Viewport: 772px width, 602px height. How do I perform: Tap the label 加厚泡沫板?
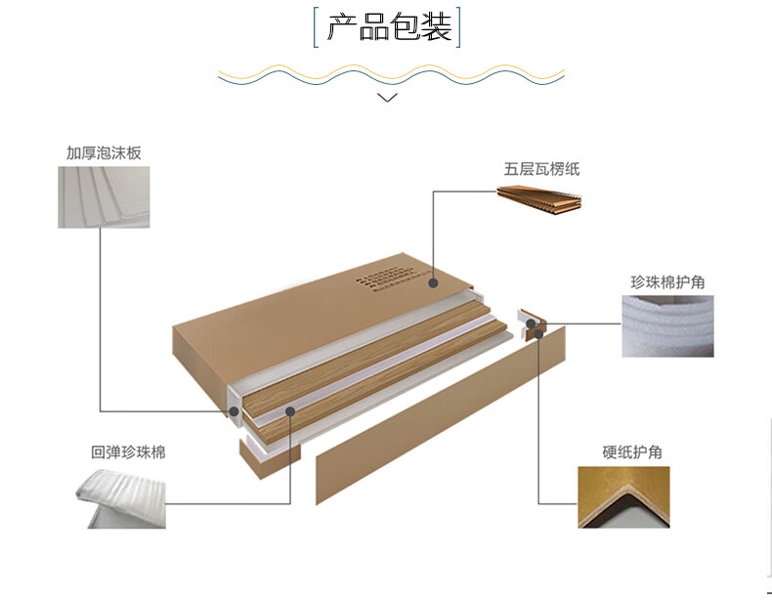point(104,153)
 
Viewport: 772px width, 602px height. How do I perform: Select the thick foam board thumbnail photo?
point(104,197)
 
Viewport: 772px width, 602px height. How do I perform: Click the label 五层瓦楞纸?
point(541,169)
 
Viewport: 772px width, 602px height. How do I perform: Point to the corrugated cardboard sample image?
point(539,200)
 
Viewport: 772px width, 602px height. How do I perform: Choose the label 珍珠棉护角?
point(667,282)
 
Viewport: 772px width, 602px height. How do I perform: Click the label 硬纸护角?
point(632,452)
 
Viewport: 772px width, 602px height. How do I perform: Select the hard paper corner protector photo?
point(623,496)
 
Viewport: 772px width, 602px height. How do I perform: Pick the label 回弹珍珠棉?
point(128,452)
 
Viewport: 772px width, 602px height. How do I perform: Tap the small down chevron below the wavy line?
point(388,97)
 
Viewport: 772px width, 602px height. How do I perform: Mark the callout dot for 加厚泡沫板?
point(234,411)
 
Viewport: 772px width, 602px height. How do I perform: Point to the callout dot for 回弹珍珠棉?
point(290,411)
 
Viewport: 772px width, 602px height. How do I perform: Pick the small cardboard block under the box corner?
point(257,459)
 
